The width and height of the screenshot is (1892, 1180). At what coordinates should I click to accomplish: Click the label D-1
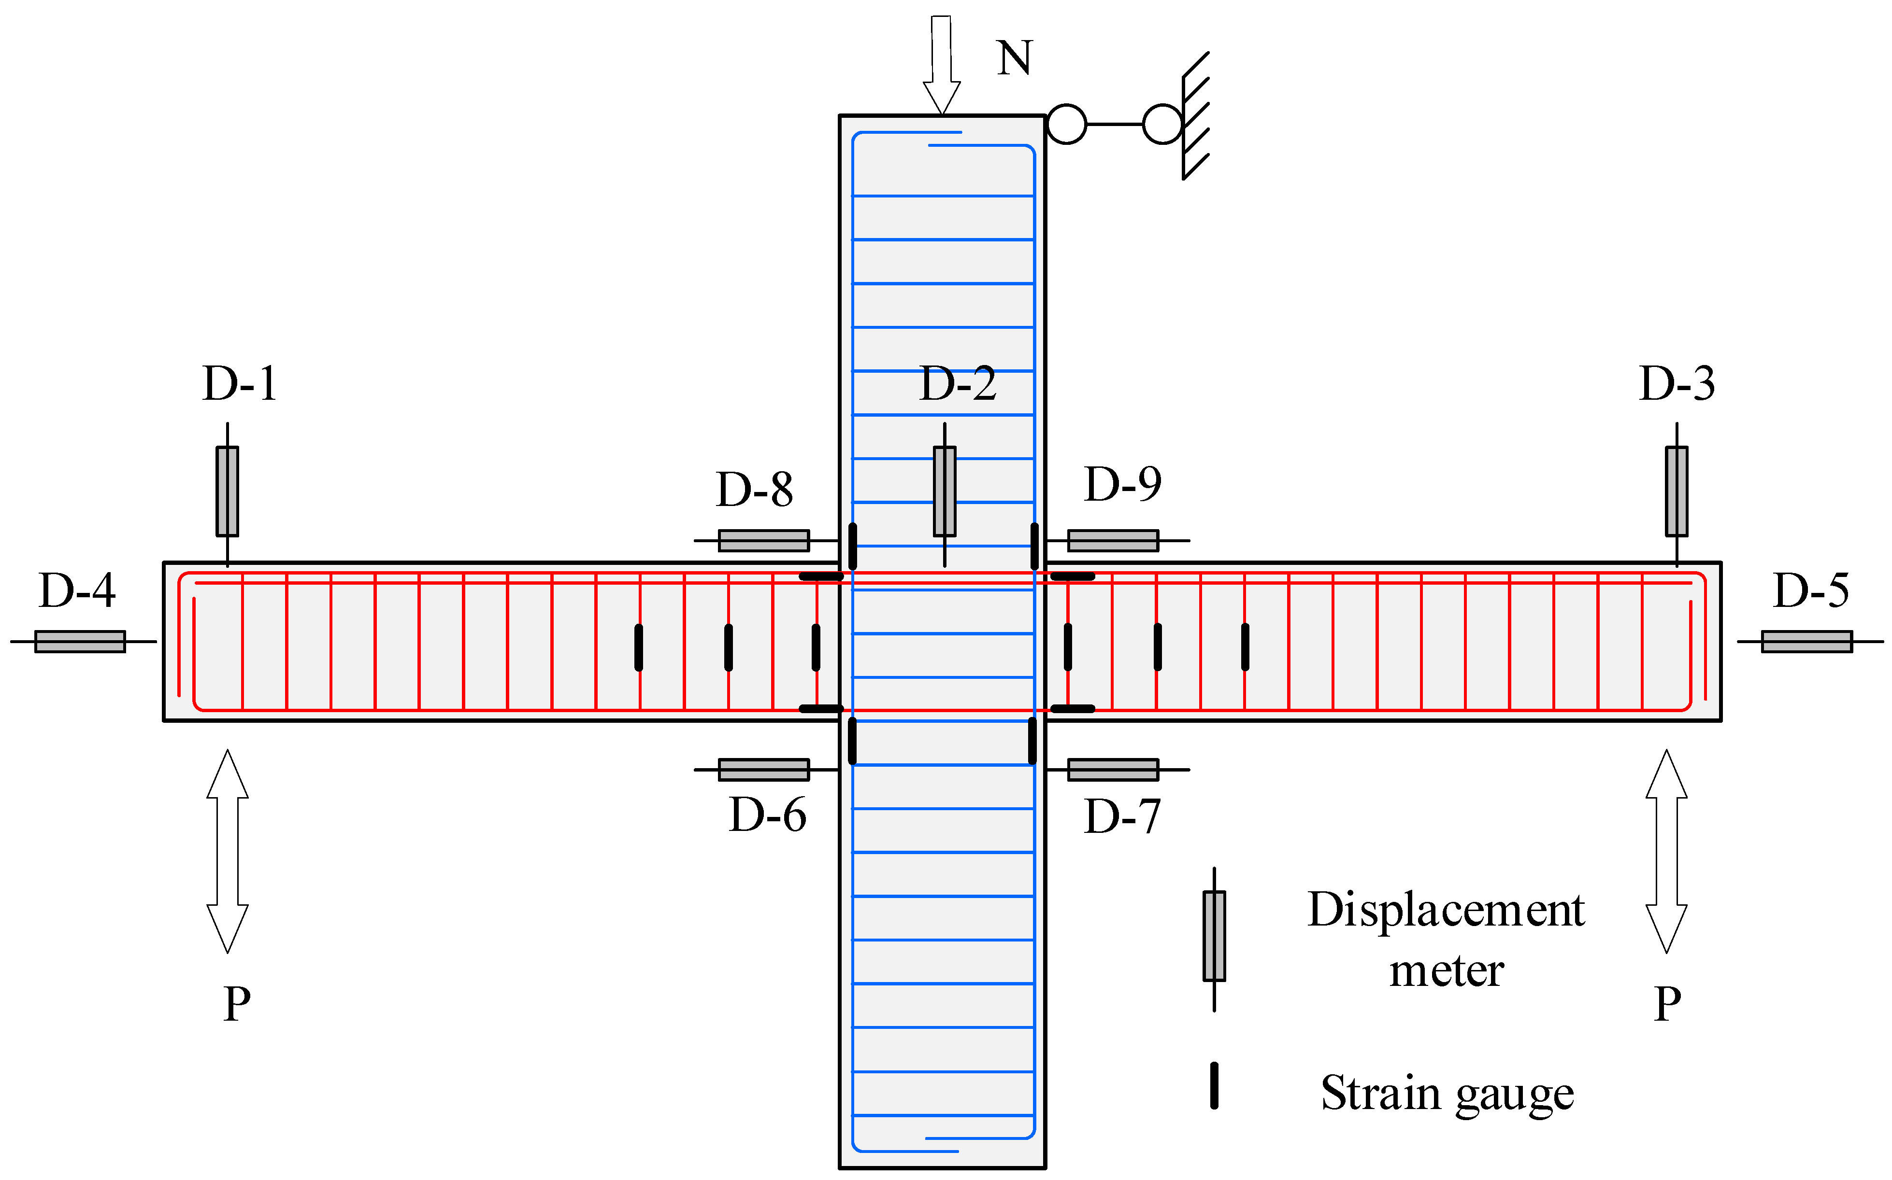coord(239,383)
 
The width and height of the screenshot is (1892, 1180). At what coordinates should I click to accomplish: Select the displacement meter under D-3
coord(1677,491)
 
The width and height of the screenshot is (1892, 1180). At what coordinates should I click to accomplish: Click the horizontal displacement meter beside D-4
coord(80,642)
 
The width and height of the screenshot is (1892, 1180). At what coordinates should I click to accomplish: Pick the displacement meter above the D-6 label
coord(764,770)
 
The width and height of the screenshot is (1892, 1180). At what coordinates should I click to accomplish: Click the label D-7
coord(1122,817)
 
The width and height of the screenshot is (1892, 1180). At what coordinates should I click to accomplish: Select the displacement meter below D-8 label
coord(764,540)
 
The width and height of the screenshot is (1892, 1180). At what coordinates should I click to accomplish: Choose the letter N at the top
coord(1014,58)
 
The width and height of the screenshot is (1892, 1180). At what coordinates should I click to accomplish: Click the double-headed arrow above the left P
coord(227,851)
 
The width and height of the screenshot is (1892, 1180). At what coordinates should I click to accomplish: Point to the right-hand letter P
coord(1667,1004)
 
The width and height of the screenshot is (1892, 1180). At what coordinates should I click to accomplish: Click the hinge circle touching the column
coord(1066,124)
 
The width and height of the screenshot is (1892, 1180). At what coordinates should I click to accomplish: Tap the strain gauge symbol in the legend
coord(1214,1085)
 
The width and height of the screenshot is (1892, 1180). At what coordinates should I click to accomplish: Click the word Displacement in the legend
coord(1446,910)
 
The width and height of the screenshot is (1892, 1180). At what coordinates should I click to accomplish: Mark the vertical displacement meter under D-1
coord(227,491)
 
